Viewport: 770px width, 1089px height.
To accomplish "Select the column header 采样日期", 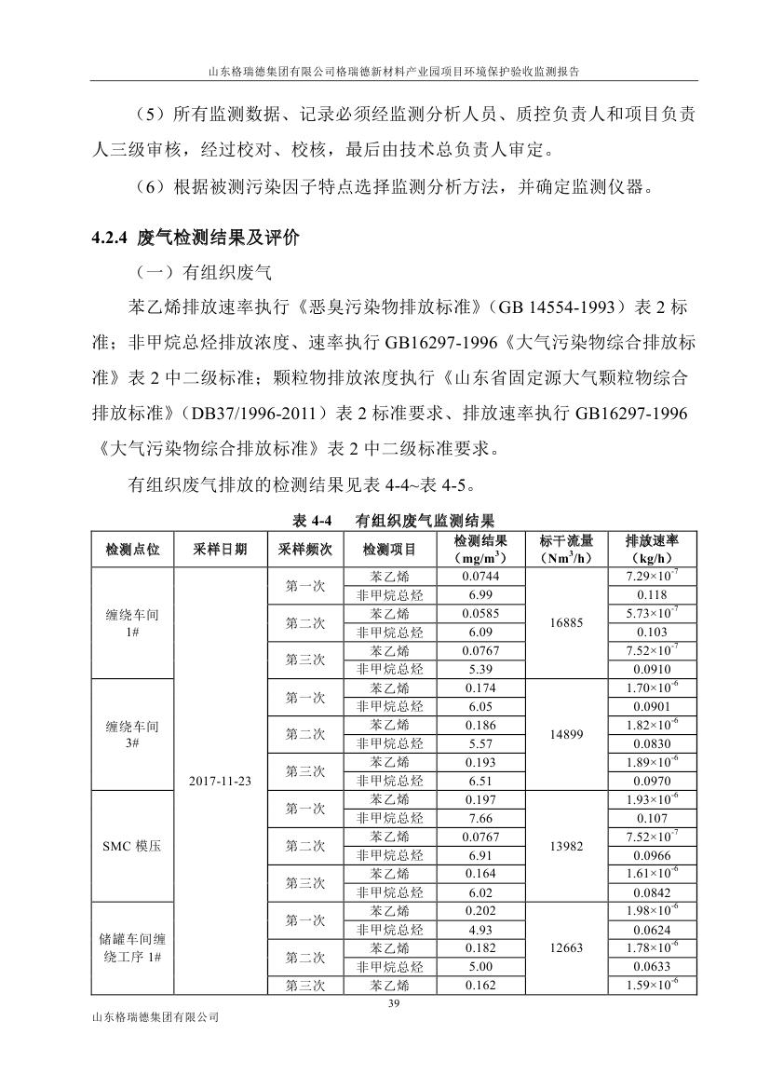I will pos(221,550).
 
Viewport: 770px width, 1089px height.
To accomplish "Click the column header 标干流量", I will pos(566,550).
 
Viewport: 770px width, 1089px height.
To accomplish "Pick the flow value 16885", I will pos(566,622).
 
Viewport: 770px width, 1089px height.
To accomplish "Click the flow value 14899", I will pos(566,734).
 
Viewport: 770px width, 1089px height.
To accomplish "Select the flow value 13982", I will pos(566,846).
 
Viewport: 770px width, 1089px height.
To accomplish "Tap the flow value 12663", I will pos(566,947).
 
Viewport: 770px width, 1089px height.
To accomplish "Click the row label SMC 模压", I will pos(132,846).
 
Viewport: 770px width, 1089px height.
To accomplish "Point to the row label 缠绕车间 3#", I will pos(132,734).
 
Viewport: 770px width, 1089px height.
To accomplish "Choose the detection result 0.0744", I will pos(480,577).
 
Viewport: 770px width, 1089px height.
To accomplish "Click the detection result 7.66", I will pos(480,818).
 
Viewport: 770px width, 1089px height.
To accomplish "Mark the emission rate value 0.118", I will pos(651,594).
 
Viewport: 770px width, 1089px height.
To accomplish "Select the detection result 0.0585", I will pos(480,614).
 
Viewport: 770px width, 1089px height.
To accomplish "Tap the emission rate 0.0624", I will pos(651,930).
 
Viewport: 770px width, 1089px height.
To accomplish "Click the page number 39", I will pos(392,1003).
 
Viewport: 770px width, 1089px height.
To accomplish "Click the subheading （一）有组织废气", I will pos(202,273).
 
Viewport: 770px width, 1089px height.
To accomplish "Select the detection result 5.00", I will pos(480,966).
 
